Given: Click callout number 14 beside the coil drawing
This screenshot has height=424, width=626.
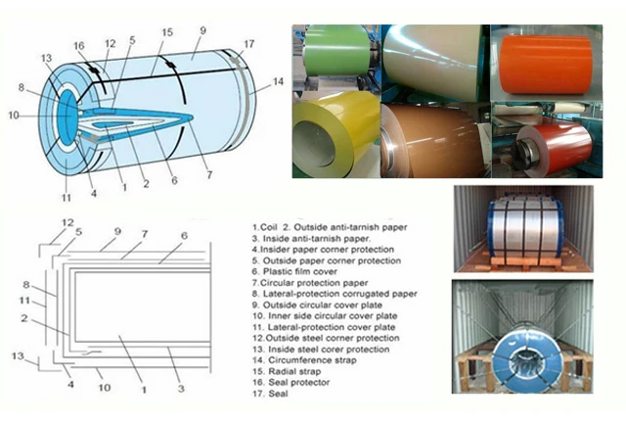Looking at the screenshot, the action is pyautogui.click(x=279, y=82).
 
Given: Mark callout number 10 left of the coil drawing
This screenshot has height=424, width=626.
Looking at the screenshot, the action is pyautogui.click(x=13, y=115).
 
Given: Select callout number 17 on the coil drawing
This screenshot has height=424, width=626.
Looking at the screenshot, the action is pyautogui.click(x=250, y=43).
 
